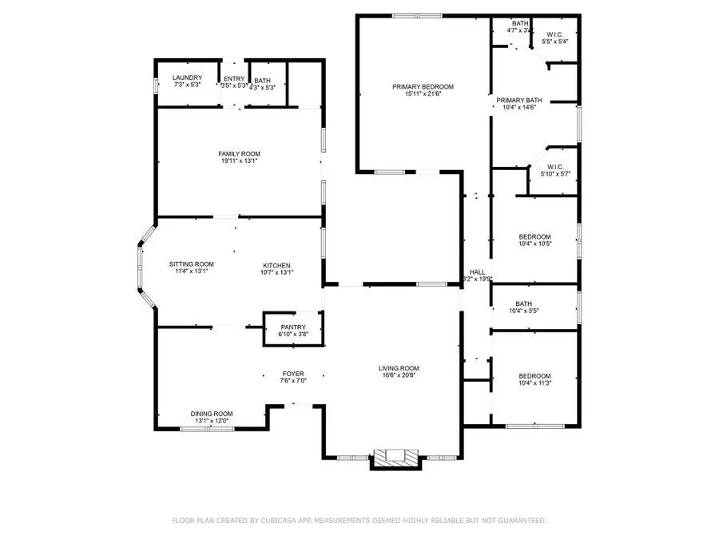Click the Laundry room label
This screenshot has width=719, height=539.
186,77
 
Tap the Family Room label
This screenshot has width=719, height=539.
239,153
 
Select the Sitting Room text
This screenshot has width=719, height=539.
191,264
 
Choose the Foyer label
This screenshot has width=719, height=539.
293,373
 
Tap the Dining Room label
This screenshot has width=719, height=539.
211,414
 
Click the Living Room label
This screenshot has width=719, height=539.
399,368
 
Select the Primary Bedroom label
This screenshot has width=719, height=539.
423,86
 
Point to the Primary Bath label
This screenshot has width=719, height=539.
518,101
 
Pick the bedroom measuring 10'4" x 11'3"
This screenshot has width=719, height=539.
534,380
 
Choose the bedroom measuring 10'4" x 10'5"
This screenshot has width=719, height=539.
534,240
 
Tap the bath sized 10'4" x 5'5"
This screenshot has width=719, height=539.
524,307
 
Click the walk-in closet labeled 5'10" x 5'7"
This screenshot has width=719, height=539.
555,170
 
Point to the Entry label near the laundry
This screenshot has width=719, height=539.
233,78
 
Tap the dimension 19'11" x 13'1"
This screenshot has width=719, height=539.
239,161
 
